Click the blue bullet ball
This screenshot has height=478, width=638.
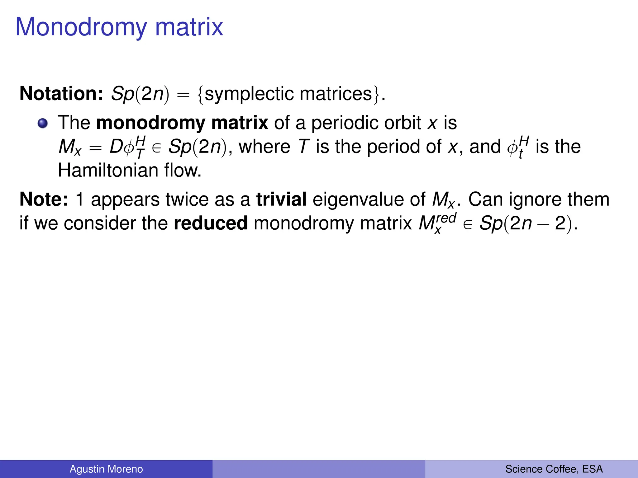[x=43, y=124]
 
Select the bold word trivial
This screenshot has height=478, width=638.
[x=281, y=199]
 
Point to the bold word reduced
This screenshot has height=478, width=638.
[x=211, y=223]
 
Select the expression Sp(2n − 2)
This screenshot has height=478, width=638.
[x=526, y=223]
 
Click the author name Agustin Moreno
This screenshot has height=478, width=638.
[x=106, y=469]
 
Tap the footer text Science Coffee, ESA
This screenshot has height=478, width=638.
[x=554, y=469]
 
